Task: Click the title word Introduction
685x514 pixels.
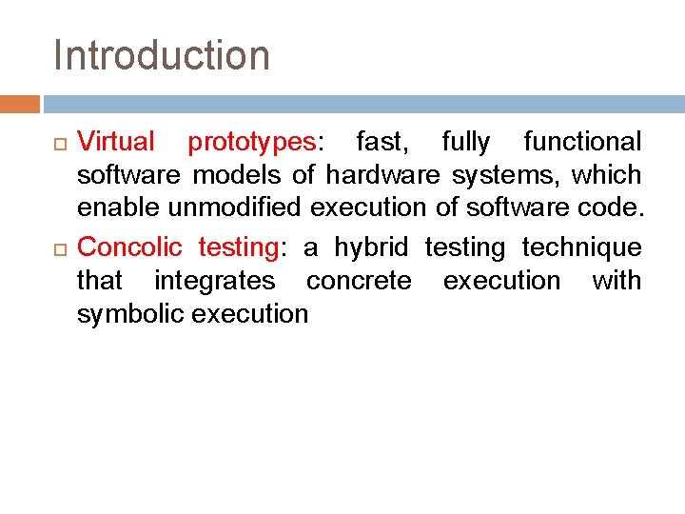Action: tap(162, 55)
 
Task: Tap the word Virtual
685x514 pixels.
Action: tap(115, 142)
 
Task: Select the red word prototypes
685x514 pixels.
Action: tap(251, 143)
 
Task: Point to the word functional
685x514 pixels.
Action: tap(582, 142)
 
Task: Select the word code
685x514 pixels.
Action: tap(609, 208)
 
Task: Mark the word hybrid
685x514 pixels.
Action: tap(370, 248)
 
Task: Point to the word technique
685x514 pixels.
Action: tap(581, 248)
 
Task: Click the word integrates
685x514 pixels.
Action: tap(214, 281)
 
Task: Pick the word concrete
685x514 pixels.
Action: tap(359, 281)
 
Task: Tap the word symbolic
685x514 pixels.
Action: tap(130, 314)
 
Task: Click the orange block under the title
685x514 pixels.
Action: tap(19, 103)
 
